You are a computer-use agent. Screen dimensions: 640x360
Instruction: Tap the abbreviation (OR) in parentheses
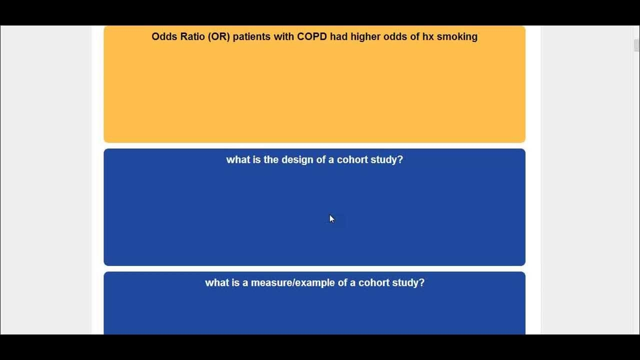point(219,37)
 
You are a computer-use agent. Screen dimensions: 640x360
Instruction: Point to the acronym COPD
point(311,36)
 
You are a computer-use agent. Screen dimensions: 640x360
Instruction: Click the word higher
point(365,37)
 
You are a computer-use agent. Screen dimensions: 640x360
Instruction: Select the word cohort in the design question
point(352,159)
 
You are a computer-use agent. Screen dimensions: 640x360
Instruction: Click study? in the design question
point(386,160)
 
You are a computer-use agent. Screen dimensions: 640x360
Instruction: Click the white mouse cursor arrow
point(331,219)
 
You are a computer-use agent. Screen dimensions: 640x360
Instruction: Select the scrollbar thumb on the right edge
point(636,45)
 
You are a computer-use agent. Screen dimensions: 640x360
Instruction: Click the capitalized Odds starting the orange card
point(164,36)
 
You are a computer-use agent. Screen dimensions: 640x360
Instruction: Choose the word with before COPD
point(283,36)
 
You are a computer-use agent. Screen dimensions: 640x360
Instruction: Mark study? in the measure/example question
point(408,283)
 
